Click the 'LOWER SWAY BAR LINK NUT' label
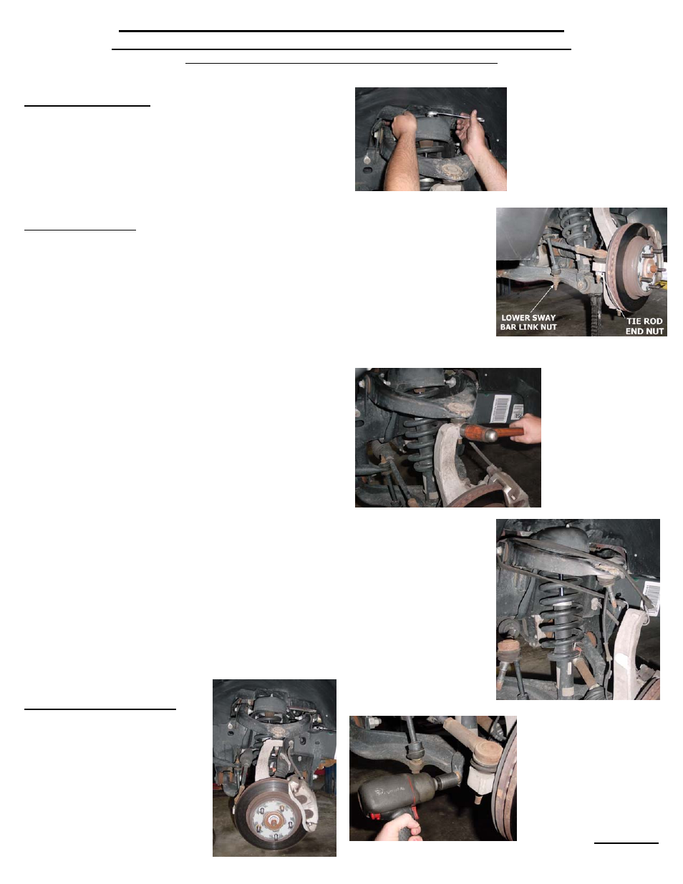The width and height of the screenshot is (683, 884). point(528,323)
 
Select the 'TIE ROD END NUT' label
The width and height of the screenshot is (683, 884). point(644,326)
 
